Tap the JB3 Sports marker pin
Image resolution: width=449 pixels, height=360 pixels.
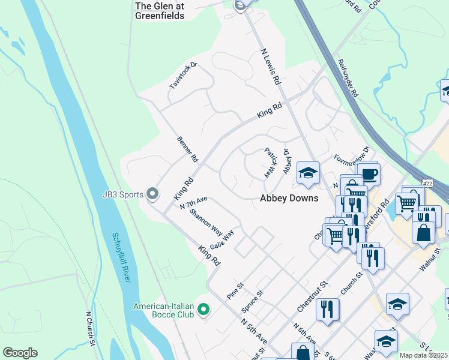tap(153, 194)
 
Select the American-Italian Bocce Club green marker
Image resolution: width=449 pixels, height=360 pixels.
tap(203, 310)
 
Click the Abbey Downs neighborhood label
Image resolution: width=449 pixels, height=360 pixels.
tap(289, 198)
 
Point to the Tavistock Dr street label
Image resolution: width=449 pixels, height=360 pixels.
tap(183, 76)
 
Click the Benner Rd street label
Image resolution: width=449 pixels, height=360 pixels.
tap(187, 150)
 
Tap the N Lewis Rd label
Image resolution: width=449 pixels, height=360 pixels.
tap(271, 66)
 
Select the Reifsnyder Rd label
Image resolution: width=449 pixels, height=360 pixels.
tap(348, 79)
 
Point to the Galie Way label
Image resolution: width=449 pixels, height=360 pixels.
tap(221, 241)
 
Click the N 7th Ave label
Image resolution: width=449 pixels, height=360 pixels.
tap(193, 203)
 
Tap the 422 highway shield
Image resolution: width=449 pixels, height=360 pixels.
tap(427, 182)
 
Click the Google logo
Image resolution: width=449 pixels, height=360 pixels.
tap(20, 353)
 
